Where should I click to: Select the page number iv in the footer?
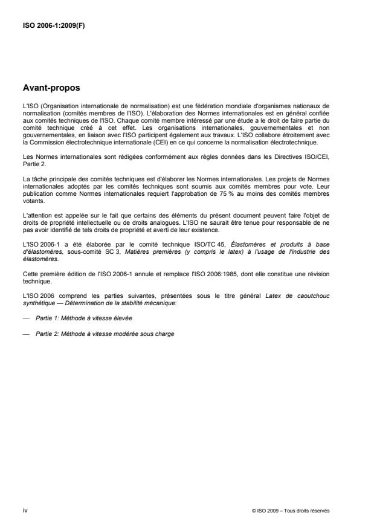(25, 510)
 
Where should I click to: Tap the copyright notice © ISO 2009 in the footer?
(291, 511)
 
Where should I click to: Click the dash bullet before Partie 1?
(26, 317)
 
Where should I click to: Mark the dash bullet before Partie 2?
(26, 334)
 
